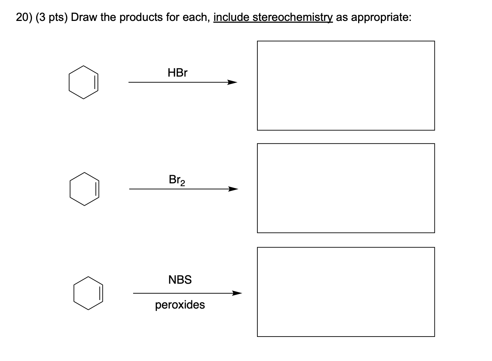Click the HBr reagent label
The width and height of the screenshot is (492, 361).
click(x=177, y=73)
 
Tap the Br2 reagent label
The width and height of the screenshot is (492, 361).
click(x=177, y=180)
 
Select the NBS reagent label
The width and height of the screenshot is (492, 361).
click(x=180, y=280)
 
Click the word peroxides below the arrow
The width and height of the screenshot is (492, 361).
click(x=180, y=305)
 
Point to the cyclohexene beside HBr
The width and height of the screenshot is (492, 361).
click(x=83, y=82)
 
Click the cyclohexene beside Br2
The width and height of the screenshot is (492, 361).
click(x=84, y=189)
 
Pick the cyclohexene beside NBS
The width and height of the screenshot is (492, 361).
click(x=88, y=293)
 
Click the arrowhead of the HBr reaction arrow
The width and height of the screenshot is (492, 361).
click(x=233, y=83)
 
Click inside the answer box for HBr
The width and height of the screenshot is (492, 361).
click(x=346, y=85)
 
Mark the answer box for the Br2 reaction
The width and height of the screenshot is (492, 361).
click(x=346, y=188)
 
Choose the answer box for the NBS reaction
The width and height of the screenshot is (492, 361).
click(x=346, y=291)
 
